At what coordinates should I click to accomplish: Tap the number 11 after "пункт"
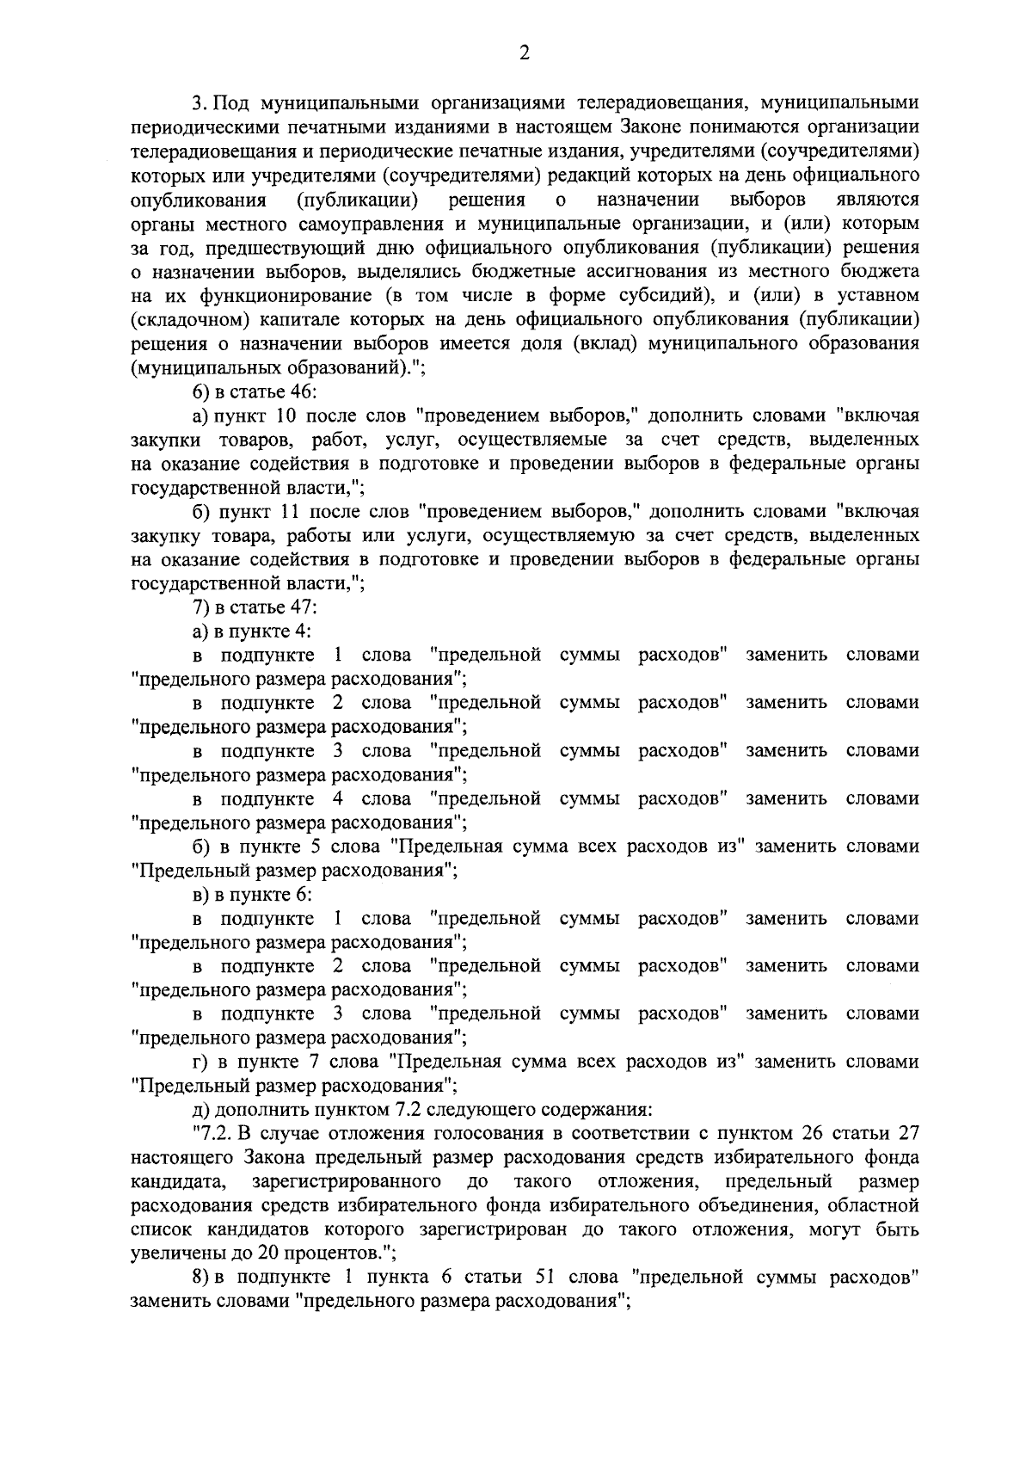pyautogui.click(x=288, y=512)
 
